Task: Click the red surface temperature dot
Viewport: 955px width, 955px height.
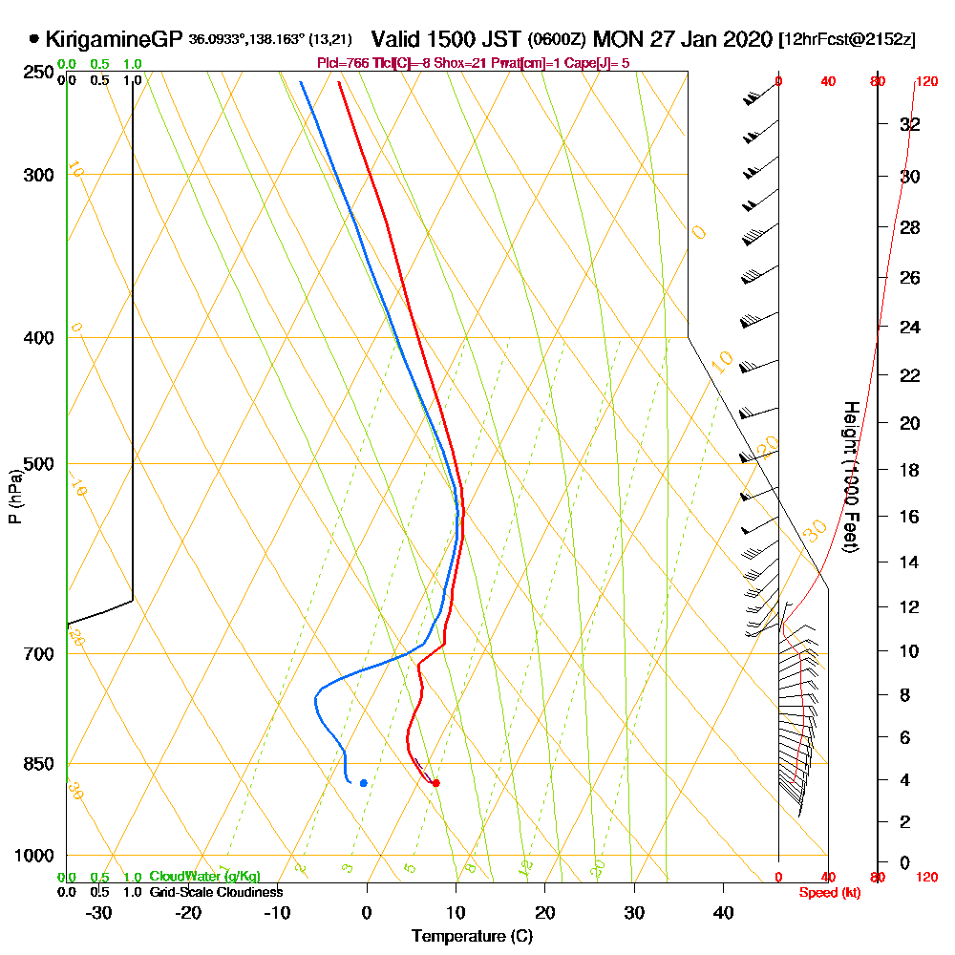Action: pos(435,783)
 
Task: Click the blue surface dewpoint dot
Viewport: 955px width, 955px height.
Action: pos(363,783)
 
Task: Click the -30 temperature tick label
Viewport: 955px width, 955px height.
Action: pos(98,913)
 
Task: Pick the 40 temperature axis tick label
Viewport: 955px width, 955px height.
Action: pos(723,913)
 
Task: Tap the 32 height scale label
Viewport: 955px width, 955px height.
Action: pos(910,124)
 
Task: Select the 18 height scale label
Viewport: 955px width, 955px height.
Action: pos(910,470)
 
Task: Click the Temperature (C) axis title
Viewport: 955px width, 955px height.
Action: pos(472,937)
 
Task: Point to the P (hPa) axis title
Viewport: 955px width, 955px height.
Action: pos(14,496)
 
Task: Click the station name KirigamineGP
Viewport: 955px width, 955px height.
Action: pos(114,40)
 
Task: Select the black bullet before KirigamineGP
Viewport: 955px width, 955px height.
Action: pos(34,40)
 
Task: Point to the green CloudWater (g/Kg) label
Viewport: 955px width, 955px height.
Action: pos(204,877)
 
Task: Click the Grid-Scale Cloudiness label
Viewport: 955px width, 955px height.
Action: pos(215,892)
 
